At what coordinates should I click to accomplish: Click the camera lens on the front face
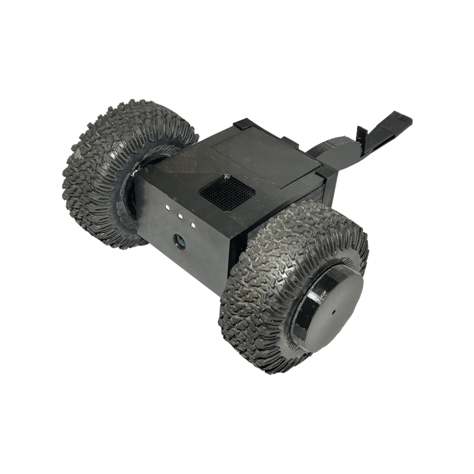point(180,240)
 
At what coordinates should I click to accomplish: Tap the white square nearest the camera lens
point(193,225)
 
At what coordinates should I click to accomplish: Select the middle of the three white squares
point(179,217)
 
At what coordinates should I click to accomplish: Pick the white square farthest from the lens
point(167,207)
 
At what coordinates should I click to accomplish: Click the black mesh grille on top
point(226,193)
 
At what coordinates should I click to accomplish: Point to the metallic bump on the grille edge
point(225,178)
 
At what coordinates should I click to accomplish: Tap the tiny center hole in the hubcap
point(333,311)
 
